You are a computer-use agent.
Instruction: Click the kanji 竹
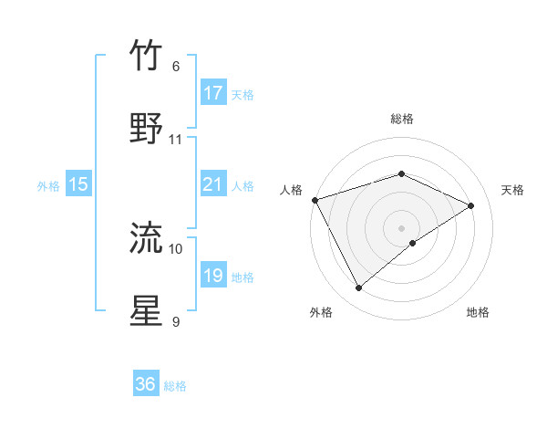pos(147,56)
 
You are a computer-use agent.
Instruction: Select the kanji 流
pos(147,238)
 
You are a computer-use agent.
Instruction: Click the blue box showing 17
pos(212,93)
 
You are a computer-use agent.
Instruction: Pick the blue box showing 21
pos(212,184)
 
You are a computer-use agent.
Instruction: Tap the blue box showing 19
pos(212,276)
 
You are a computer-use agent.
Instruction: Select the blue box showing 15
pos(78,184)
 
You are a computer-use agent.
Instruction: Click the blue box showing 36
pos(146,384)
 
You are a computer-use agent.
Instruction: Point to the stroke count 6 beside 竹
pos(176,67)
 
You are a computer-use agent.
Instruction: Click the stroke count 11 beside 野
pos(176,140)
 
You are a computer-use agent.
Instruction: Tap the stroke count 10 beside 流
pos(176,248)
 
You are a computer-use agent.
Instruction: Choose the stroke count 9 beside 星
pos(176,321)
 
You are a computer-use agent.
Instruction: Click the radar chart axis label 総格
pos(402,119)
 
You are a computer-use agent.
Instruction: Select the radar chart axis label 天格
pos(513,190)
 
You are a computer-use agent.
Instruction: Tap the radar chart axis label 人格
pos(291,190)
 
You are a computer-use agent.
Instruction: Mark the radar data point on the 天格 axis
pos(471,205)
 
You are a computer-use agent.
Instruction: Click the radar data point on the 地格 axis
pos(413,243)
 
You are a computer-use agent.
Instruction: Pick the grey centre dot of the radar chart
pos(402,227)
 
